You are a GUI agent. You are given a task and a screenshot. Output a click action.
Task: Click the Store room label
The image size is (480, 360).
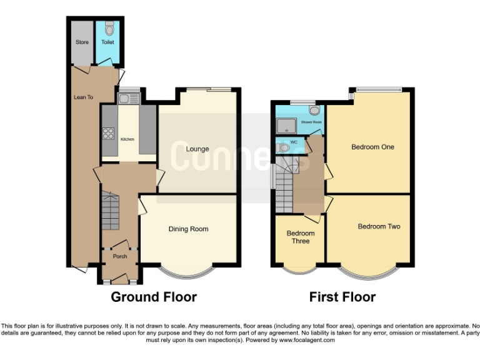click(82, 42)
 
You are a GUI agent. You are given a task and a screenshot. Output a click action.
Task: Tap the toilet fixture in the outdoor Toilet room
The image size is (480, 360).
click(109, 28)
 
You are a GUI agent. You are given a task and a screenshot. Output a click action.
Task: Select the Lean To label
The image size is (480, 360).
click(83, 97)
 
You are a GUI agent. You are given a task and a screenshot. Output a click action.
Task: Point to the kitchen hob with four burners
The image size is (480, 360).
click(107, 132)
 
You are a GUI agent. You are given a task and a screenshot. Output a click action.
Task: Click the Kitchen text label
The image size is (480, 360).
click(127, 139)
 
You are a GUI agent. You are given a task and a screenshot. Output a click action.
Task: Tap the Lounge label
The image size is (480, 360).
click(197, 149)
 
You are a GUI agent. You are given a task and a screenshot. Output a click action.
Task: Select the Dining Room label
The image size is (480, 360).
click(188, 229)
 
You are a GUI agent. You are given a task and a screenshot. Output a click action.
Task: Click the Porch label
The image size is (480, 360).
click(119, 256)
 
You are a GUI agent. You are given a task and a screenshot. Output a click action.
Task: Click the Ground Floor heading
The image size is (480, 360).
click(153, 297)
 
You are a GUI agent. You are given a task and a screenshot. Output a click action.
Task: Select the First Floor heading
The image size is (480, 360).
click(342, 297)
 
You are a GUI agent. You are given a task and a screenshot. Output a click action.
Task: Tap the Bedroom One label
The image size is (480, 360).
click(372, 147)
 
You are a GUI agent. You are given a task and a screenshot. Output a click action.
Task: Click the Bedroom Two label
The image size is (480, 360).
click(379, 226)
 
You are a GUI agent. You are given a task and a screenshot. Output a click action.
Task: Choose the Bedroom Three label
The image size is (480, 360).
click(301, 237)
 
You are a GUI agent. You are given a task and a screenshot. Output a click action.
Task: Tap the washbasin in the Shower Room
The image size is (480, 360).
click(314, 111)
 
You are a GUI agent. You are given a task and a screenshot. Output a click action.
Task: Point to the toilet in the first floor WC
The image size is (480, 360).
click(284, 147)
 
